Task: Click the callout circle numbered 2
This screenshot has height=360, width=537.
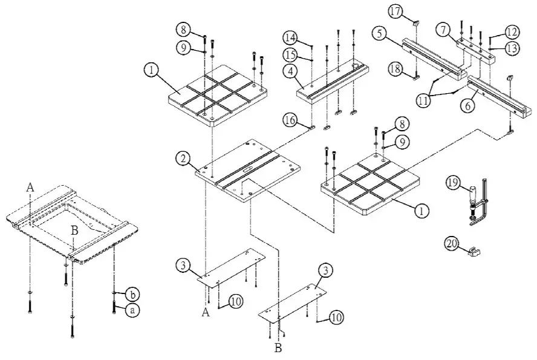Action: pyautogui.click(x=181, y=159)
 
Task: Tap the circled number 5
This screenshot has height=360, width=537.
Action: pyautogui.click(x=379, y=34)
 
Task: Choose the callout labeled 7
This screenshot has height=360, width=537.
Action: pyautogui.click(x=443, y=30)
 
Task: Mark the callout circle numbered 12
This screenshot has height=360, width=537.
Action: pyautogui.click(x=512, y=31)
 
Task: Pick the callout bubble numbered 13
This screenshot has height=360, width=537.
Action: pyautogui.click(x=512, y=48)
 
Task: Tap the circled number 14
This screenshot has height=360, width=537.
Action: pyautogui.click(x=291, y=38)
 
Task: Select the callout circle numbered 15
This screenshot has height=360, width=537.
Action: pyautogui.click(x=291, y=55)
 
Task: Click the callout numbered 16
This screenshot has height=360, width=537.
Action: pyautogui.click(x=290, y=121)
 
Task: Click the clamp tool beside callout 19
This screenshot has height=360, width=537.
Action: pyautogui.click(x=481, y=203)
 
